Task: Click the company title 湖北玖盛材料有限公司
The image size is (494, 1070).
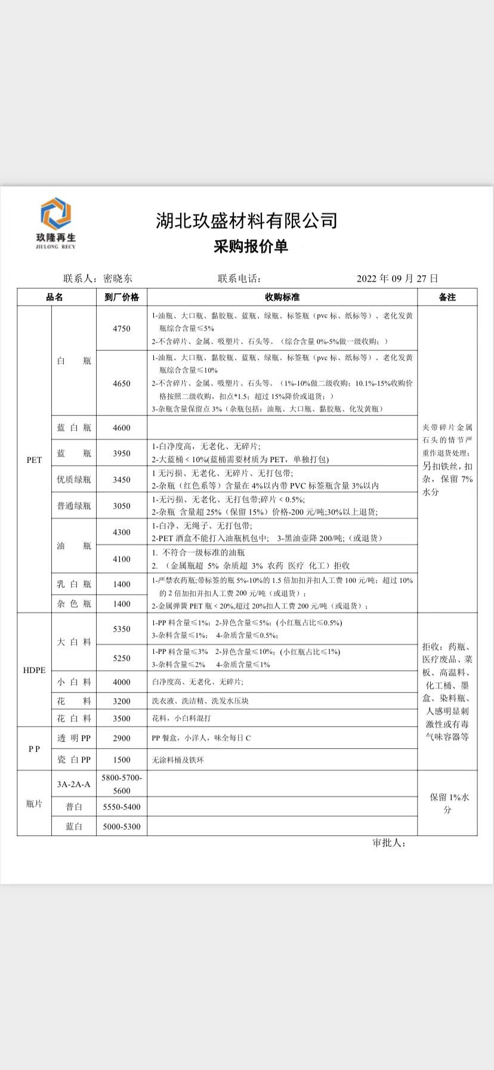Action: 246,221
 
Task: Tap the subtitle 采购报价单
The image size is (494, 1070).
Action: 251,246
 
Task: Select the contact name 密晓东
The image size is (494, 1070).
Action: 118,278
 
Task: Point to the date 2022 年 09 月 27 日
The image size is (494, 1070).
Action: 397,278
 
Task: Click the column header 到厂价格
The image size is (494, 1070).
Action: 122,297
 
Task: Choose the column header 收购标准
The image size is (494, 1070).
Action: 282,297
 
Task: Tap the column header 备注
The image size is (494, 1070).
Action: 447,297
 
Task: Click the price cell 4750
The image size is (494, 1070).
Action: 122,328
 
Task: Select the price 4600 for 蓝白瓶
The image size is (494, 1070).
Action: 122,428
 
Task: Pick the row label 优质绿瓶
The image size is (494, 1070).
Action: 74,479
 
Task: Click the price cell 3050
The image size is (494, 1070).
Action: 122,506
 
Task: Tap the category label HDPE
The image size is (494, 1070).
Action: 34,670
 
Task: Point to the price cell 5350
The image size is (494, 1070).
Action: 122,629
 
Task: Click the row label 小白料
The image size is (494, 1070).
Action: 74,682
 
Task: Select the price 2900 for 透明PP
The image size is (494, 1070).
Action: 122,738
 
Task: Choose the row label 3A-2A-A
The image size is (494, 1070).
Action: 74,784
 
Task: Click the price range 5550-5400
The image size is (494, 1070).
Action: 122,807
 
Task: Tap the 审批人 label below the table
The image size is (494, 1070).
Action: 389,843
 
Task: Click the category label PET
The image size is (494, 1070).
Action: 34,460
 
